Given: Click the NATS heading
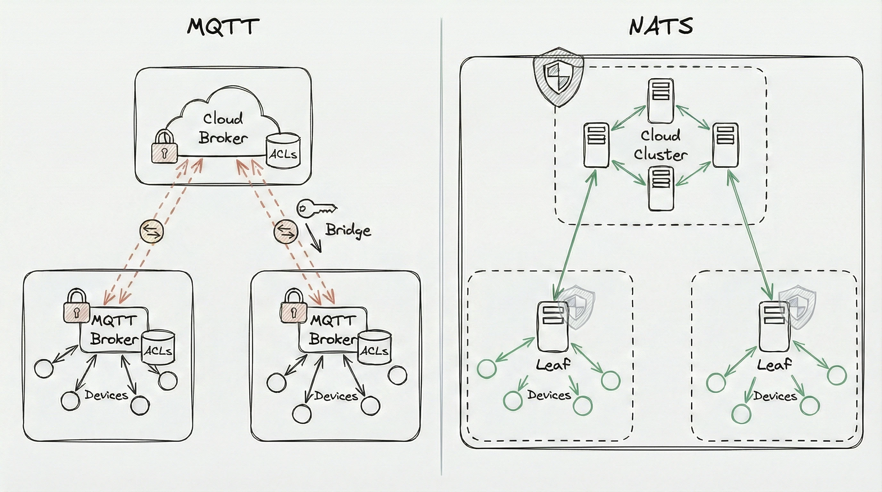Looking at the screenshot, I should pyautogui.click(x=661, y=26).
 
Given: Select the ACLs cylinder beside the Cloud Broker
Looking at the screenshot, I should pyautogui.click(x=283, y=151).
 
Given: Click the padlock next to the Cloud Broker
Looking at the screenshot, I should pyautogui.click(x=164, y=146).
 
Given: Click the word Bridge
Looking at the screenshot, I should pyautogui.click(x=348, y=231).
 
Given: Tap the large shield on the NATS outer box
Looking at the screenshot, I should pyautogui.click(x=558, y=77).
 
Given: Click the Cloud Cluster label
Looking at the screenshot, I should pyautogui.click(x=660, y=145).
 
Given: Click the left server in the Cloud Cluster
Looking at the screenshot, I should pyautogui.click(x=596, y=145).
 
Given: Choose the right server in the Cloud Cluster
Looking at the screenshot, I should pyautogui.click(x=725, y=145).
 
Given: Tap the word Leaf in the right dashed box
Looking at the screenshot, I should pyautogui.click(x=774, y=365).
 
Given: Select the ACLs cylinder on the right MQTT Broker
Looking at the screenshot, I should pyautogui.click(x=374, y=347).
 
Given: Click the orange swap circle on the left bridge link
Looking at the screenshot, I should pyautogui.click(x=152, y=231).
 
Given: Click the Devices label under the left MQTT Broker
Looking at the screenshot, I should pyautogui.click(x=106, y=396).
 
